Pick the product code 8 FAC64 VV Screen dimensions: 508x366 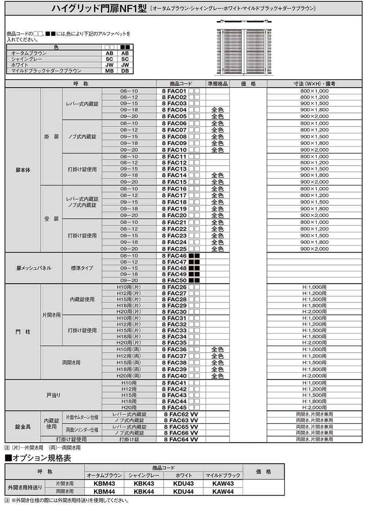181,439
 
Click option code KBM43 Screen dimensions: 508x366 104,483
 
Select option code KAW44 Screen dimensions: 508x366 223,491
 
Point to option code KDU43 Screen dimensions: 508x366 183,483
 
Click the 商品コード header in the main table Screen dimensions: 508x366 181,84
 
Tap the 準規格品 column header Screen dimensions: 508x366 217,84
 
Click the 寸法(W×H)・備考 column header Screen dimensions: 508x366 314,84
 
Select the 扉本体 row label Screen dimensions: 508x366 23,170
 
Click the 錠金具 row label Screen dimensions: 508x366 23,427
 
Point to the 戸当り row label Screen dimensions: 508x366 53,395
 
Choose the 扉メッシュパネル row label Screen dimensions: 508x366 34,268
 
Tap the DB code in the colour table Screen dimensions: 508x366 125,71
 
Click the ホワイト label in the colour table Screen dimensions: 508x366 20,65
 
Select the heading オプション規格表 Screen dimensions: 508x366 38,458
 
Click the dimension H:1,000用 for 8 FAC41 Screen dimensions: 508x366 314,383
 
